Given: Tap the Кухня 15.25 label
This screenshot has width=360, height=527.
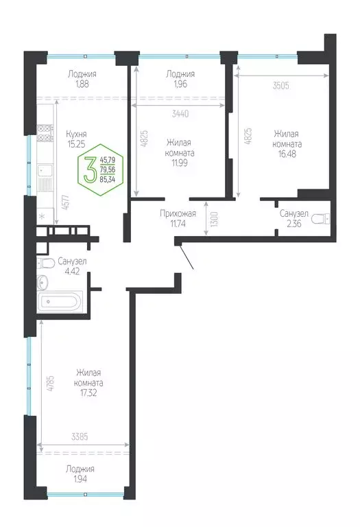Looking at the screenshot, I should (80, 139).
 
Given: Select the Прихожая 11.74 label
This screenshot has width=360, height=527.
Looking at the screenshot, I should (179, 218).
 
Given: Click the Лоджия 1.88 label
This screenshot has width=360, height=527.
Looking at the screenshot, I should (82, 79).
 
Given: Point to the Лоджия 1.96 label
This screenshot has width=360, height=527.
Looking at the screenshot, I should (181, 79).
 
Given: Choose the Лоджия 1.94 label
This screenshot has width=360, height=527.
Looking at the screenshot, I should (81, 473).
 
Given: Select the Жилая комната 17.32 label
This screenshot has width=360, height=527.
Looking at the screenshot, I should (90, 383).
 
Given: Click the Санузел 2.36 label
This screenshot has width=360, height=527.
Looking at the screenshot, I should (293, 218).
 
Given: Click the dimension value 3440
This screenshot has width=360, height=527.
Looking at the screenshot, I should (181, 113).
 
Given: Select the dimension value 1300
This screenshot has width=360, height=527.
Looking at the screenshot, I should (215, 220).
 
